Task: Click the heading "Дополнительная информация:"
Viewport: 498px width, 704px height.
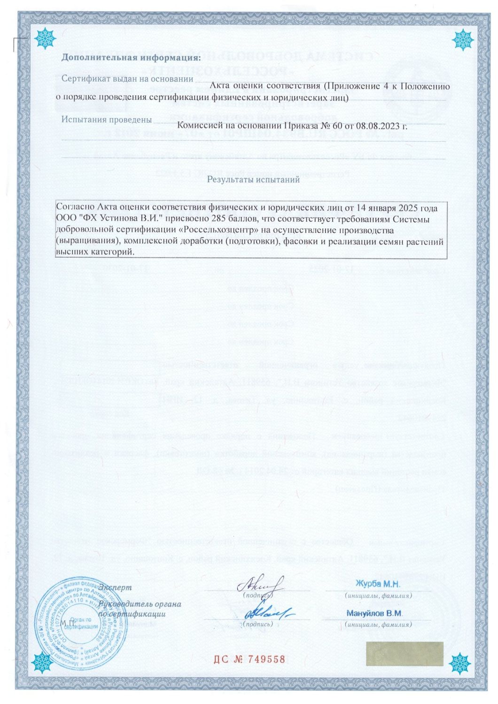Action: coord(131,58)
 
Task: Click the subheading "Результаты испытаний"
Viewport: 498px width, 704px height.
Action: coord(253,179)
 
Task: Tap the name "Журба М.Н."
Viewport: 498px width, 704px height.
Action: coord(378,584)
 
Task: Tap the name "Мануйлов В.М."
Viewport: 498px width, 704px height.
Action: coord(374,613)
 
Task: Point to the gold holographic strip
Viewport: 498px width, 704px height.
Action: coord(404,654)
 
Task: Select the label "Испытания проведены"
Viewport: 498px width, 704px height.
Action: coord(107,119)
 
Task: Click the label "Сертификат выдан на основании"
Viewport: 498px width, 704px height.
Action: coord(127,79)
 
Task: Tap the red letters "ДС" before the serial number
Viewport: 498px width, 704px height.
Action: coord(221,659)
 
